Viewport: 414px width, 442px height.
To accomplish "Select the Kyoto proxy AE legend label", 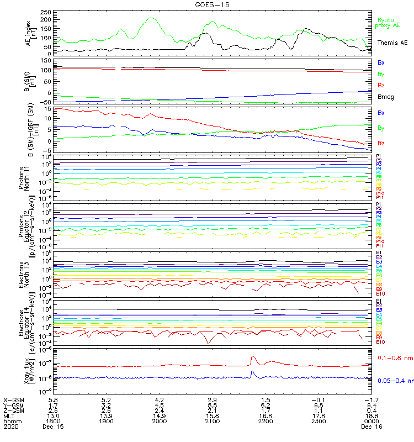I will (x=388, y=23).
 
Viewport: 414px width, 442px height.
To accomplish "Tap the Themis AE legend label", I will (x=392, y=43).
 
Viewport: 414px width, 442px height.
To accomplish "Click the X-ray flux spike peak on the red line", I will (x=252, y=357).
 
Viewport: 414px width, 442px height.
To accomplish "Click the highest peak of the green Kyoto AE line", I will (x=151, y=18).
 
